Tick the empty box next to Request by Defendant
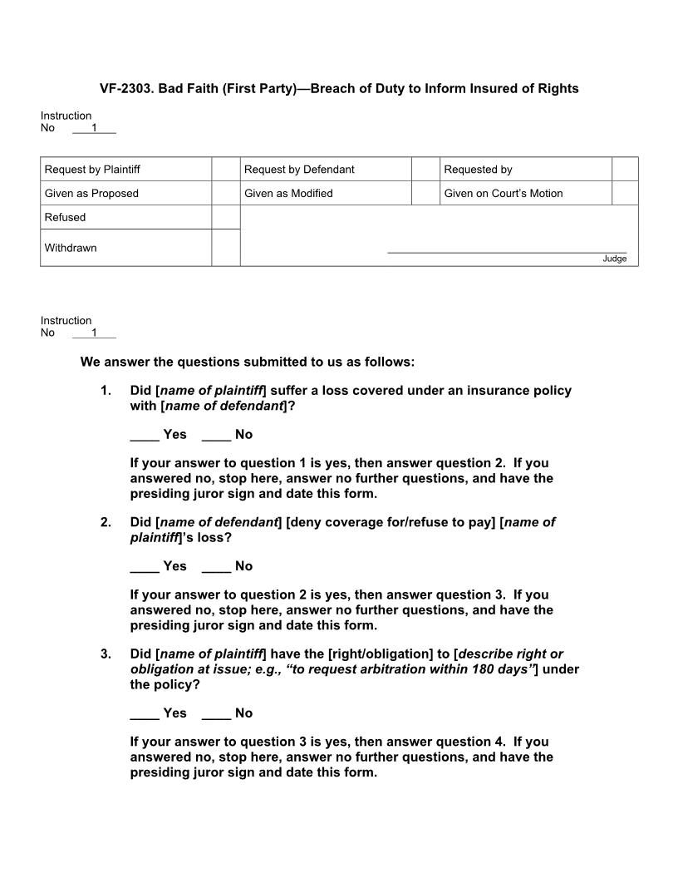click(425, 170)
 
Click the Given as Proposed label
click(91, 194)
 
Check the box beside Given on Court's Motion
click(625, 193)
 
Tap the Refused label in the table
click(65, 218)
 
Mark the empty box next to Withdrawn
click(225, 248)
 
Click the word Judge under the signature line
click(614, 259)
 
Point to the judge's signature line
click(507, 251)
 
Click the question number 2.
click(106, 522)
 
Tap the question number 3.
click(106, 654)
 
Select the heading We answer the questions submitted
click(247, 362)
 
